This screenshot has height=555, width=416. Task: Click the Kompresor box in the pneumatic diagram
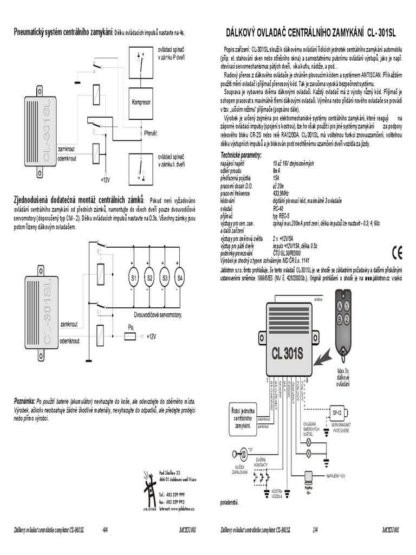(140, 102)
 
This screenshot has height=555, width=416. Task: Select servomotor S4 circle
(180, 279)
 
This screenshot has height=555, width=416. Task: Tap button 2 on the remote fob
(340, 319)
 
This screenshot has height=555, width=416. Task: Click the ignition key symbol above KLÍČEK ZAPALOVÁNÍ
(243, 450)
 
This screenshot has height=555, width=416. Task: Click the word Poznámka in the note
(24, 400)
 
